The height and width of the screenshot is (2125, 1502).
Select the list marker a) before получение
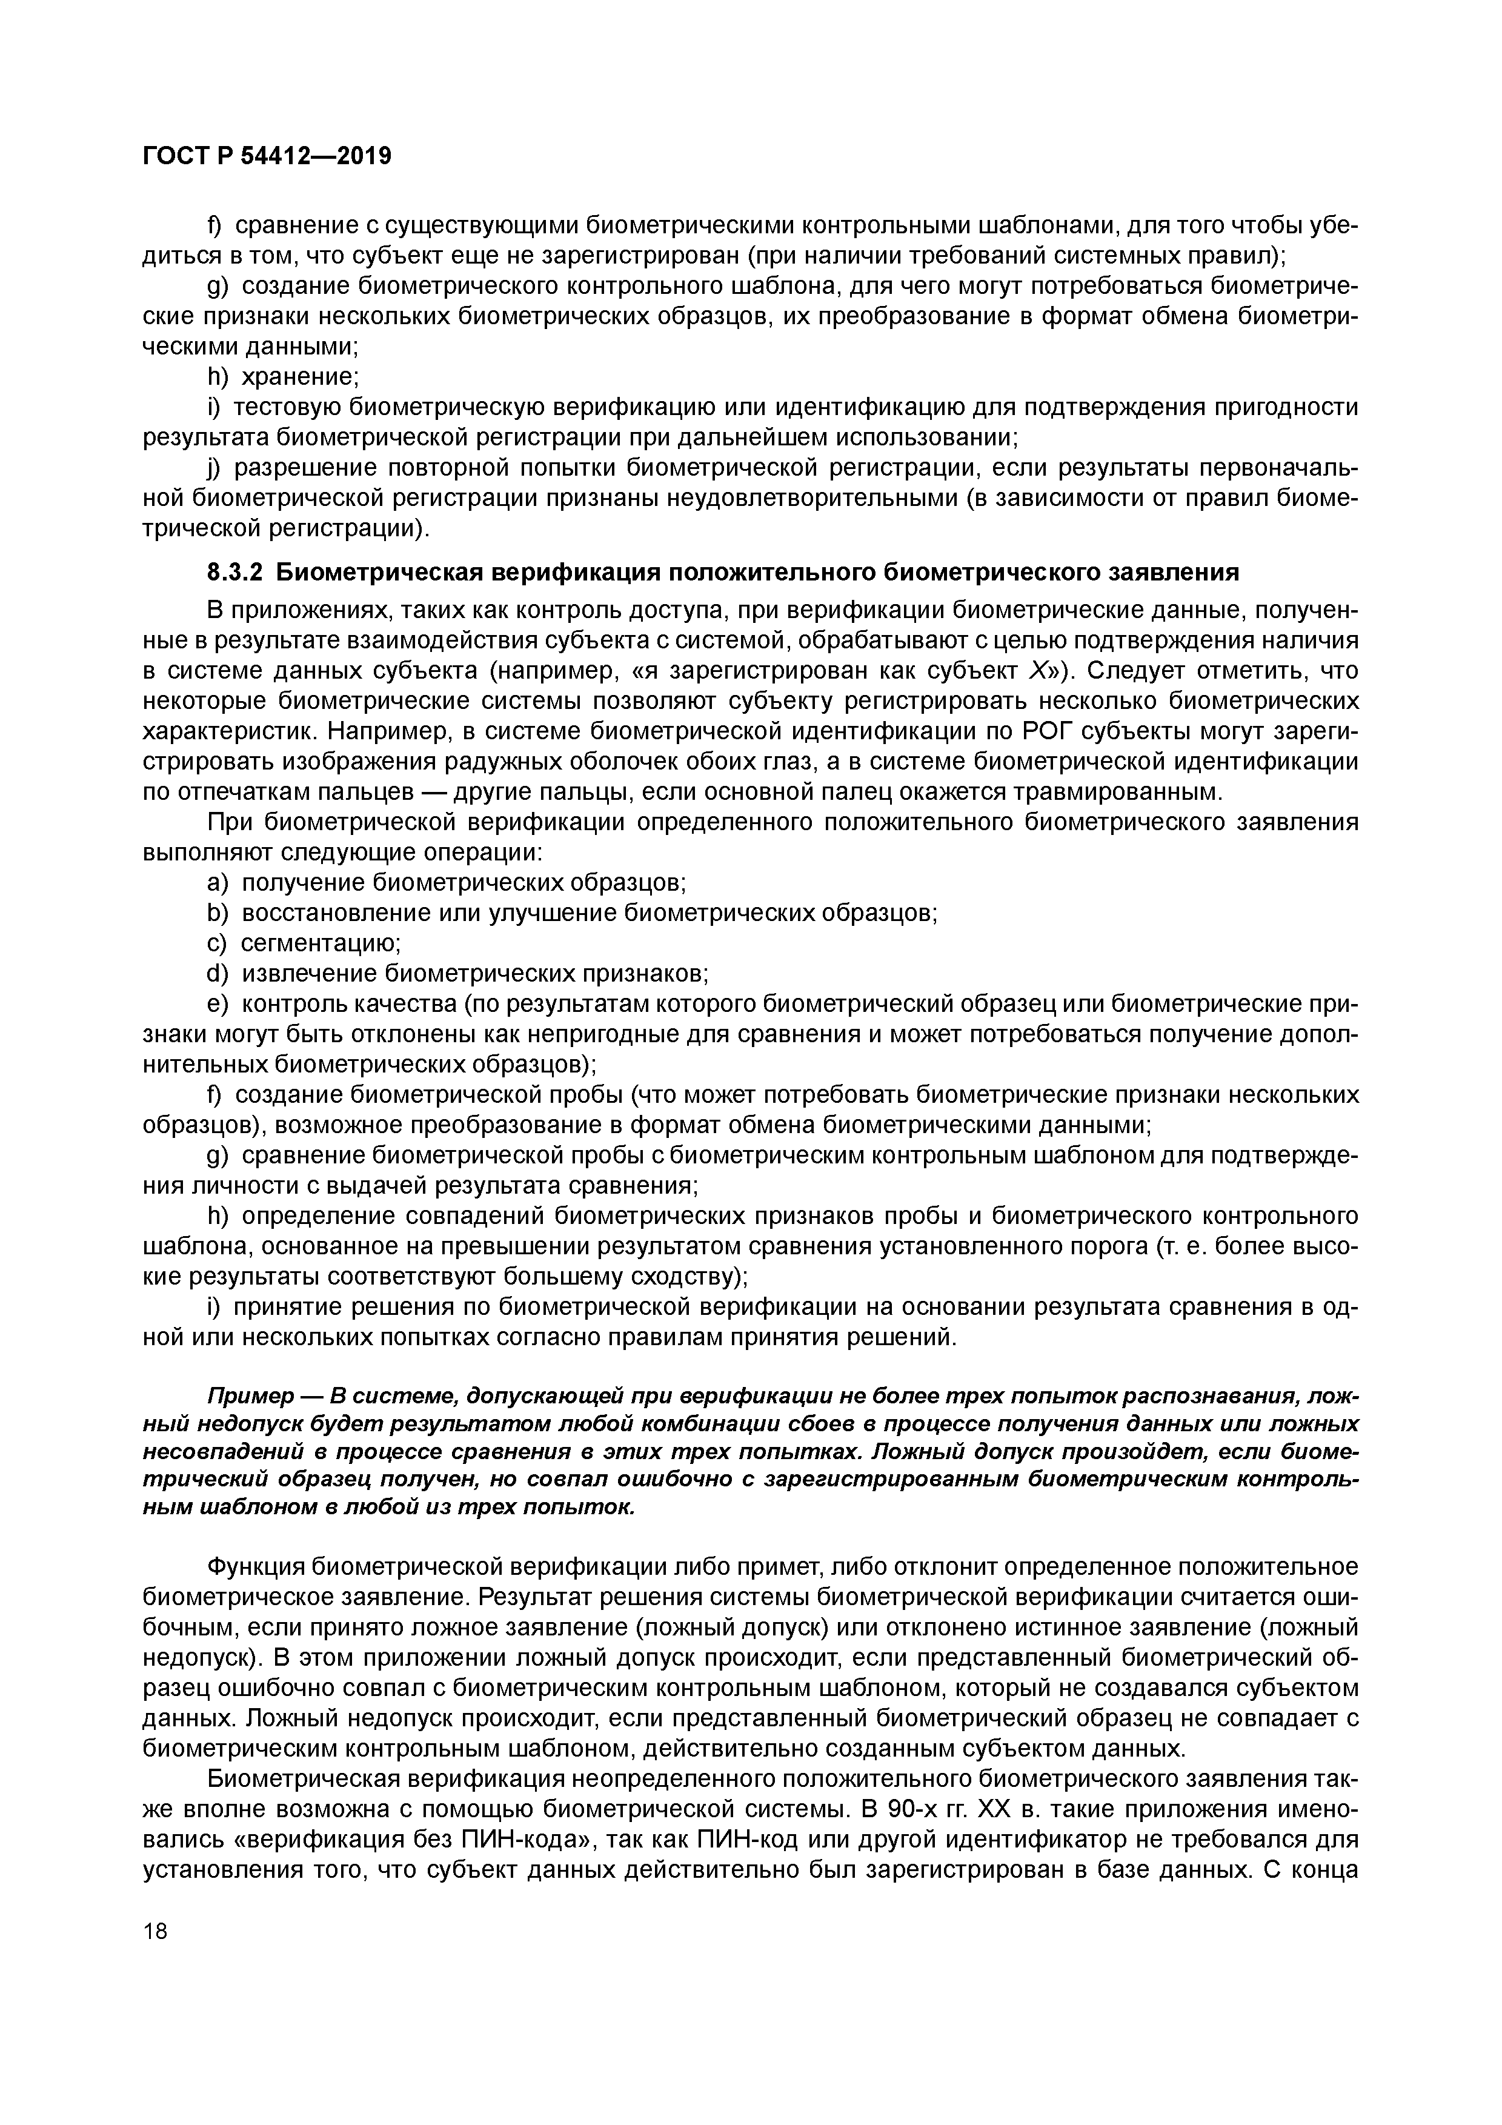click(218, 882)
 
